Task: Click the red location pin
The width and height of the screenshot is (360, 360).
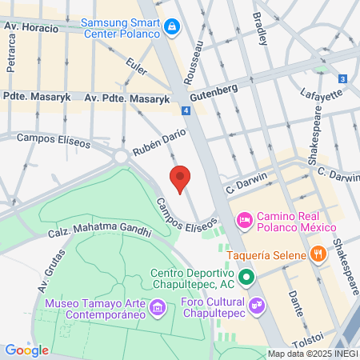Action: pyautogui.click(x=181, y=178)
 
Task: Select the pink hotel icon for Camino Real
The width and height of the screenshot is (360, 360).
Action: pyautogui.click(x=245, y=218)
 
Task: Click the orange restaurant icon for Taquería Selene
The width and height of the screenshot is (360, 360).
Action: pyautogui.click(x=318, y=255)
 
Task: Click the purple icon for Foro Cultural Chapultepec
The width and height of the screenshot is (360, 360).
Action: pyautogui.click(x=257, y=305)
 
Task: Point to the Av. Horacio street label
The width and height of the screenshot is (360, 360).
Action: pyautogui.click(x=31, y=28)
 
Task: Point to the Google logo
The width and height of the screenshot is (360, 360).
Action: pyautogui.click(x=26, y=350)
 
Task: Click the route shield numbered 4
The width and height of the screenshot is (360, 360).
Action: pyautogui.click(x=185, y=110)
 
